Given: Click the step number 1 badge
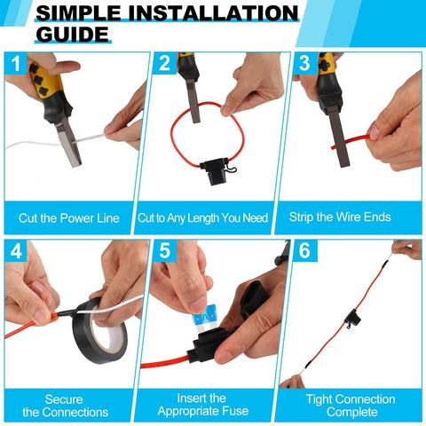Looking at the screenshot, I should tap(16, 65).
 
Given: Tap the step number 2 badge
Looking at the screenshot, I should tap(163, 65).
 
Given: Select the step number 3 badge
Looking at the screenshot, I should tap(304, 65).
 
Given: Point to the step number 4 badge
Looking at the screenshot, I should tap(16, 252).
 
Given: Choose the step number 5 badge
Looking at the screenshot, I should tap(163, 252).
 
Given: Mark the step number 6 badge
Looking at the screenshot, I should tap(304, 252).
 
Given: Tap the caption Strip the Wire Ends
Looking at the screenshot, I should tap(351, 217).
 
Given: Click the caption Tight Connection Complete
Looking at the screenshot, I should tap(351, 405).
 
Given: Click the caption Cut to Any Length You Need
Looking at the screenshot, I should tap(212, 217).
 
